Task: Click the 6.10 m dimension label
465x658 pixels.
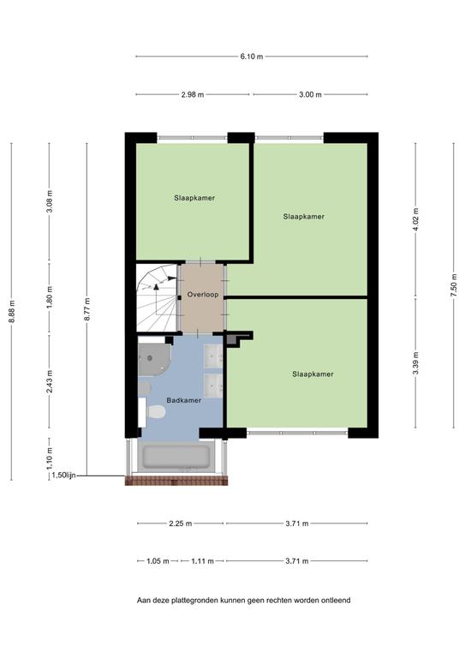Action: click(252, 57)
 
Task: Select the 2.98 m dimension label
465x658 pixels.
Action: click(193, 95)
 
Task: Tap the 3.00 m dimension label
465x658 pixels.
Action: click(310, 95)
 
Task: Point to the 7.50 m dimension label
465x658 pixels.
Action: click(454, 285)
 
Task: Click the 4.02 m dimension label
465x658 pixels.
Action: click(415, 219)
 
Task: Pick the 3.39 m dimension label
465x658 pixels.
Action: click(415, 363)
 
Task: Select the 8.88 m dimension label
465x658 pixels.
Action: click(12, 311)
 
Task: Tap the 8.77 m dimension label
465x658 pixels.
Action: click(87, 308)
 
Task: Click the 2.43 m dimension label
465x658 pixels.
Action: click(50, 381)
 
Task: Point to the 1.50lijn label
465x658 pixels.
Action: click(63, 476)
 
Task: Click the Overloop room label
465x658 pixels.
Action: click(203, 295)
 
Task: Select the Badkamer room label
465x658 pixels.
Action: click(184, 400)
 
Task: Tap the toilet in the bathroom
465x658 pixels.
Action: click(157, 411)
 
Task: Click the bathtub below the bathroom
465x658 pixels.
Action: click(176, 457)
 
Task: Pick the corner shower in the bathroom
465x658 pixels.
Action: click(153, 359)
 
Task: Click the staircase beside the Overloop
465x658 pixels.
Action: click(157, 297)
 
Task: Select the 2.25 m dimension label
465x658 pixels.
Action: click(181, 523)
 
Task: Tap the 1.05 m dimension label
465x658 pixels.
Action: click(158, 561)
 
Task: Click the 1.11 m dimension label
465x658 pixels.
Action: click(202, 561)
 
